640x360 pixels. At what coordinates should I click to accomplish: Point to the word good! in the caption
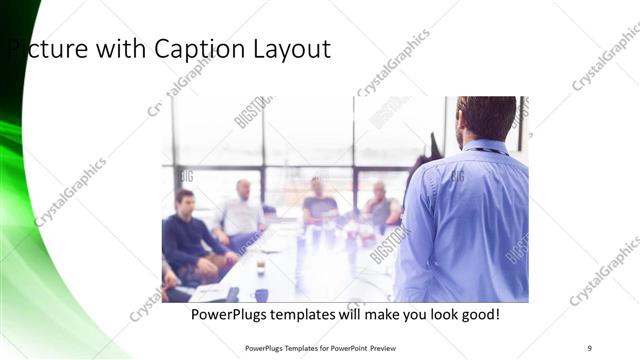click(479, 315)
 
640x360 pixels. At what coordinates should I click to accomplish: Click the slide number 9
click(590, 348)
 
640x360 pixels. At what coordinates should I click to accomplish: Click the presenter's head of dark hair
click(487, 115)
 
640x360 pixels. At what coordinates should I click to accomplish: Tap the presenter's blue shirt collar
click(487, 147)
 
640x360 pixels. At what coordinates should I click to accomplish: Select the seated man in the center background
click(319, 206)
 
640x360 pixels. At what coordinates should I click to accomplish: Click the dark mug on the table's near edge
click(261, 294)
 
